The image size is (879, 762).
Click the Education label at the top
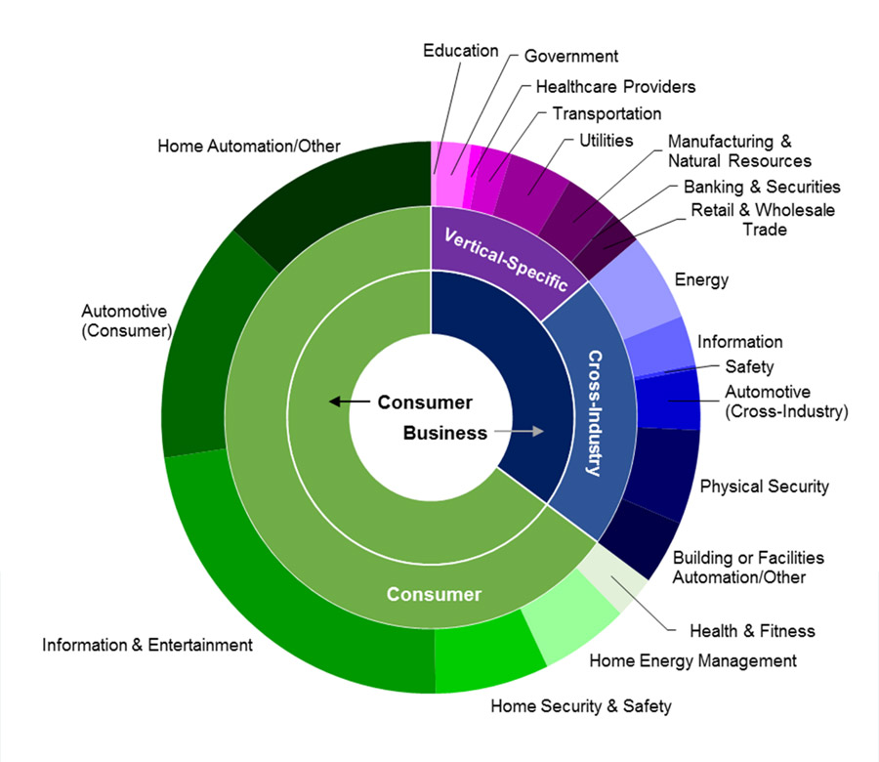point(461,51)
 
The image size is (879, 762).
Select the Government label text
point(571,57)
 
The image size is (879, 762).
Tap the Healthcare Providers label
point(615,87)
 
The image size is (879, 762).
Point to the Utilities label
point(606,142)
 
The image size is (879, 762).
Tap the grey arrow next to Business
point(518,432)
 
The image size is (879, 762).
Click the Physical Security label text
point(764,487)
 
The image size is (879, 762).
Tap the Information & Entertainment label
point(147,645)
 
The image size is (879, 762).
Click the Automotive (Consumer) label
point(126,321)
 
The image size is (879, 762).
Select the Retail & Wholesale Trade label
point(763,220)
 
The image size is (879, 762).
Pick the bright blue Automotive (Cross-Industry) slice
point(668,399)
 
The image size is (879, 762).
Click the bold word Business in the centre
point(445,433)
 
